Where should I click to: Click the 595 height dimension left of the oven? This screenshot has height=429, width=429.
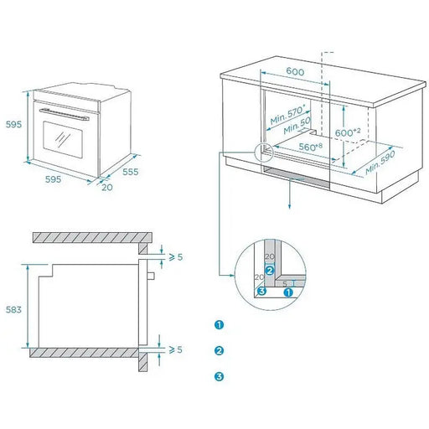(12, 124)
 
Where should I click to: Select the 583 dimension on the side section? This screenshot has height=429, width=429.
(12, 309)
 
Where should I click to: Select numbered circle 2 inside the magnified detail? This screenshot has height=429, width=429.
(269, 271)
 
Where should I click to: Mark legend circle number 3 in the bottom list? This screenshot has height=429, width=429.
(219, 376)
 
